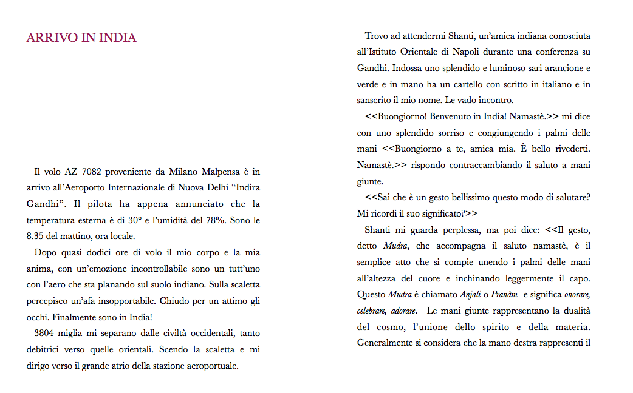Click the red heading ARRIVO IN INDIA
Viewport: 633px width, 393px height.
tap(81, 38)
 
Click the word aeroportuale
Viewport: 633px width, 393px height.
tap(213, 365)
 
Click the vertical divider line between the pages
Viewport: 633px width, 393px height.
tap(318, 196)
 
